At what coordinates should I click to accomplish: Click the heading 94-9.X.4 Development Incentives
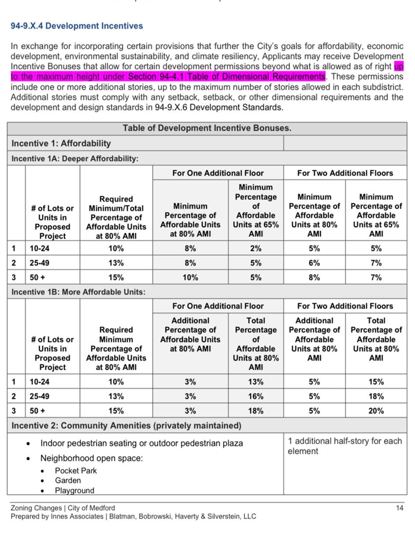pos(77,26)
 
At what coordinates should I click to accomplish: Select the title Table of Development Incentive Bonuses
pos(207,128)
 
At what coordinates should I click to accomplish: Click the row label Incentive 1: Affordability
pos(61,143)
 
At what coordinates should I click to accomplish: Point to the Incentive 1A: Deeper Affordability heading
pos(75,159)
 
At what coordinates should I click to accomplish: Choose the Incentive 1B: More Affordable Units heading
pos(79,292)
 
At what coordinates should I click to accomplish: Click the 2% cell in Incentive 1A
pos(256,249)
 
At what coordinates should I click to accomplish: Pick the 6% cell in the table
pos(314,263)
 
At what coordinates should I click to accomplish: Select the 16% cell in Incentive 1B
pos(256,396)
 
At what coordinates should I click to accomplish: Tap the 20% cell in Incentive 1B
pos(376,411)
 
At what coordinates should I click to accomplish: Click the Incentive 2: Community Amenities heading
pos(126,426)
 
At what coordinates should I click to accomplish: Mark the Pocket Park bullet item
pos(76,471)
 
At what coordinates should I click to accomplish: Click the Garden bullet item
pos(68,481)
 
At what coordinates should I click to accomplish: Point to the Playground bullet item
pos(75,490)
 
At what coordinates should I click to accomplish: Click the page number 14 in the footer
pos(400,508)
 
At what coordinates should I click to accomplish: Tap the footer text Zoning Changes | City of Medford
pos(63,508)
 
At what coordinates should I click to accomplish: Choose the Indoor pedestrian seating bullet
pos(142,443)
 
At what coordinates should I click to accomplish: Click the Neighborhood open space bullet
pos(92,458)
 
